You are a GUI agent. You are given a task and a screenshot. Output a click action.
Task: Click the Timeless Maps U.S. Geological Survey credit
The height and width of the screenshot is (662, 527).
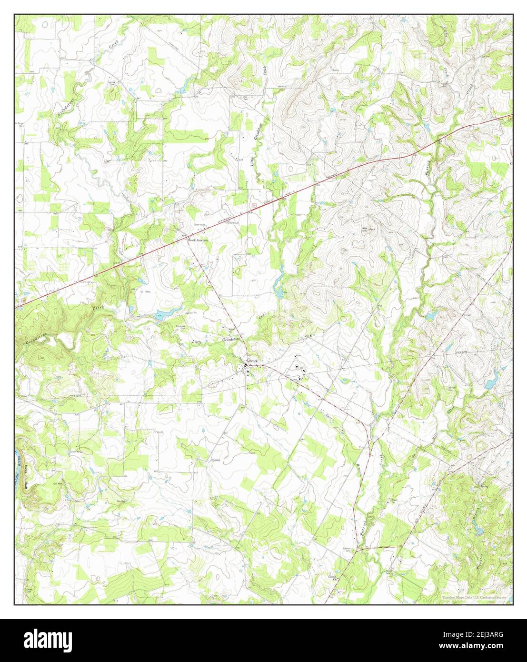pyautogui.click(x=476, y=597)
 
